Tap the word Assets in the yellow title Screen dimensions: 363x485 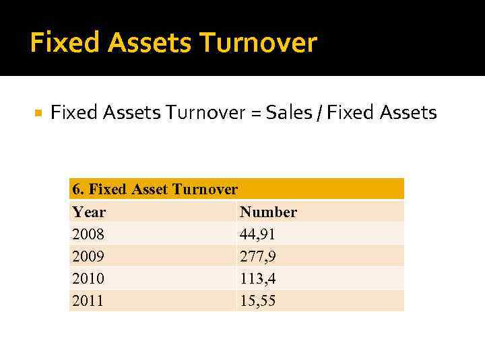(x=140, y=43)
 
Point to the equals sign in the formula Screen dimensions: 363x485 (x=257, y=113)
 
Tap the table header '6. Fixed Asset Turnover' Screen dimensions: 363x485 (x=155, y=190)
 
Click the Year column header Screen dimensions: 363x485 (x=89, y=212)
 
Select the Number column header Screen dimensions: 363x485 (x=268, y=212)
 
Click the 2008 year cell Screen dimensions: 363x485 (x=88, y=235)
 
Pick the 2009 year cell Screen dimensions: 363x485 (x=88, y=257)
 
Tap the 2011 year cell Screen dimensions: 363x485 (x=88, y=301)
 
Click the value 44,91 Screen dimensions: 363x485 (x=257, y=235)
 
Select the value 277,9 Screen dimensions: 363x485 (x=257, y=257)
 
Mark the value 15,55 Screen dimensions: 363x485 (x=257, y=301)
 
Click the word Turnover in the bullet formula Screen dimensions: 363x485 (x=208, y=112)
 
